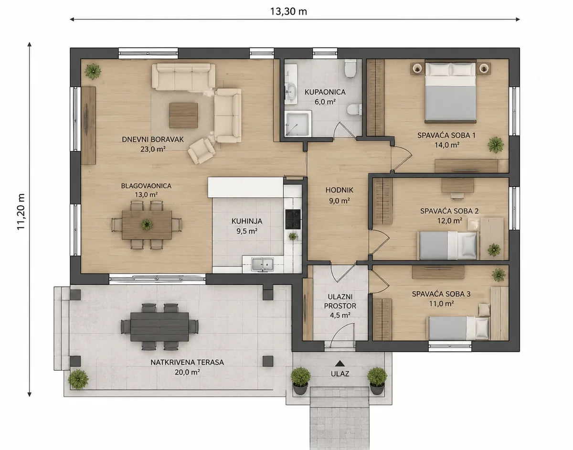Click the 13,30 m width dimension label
(288, 11)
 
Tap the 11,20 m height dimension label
(21, 212)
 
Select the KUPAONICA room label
(325, 92)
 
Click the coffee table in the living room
(183, 115)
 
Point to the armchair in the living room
(201, 151)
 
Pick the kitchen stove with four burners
(293, 219)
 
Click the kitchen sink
(262, 264)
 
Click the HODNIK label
(339, 190)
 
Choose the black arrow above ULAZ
(340, 364)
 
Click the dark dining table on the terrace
(159, 327)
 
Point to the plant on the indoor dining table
(147, 225)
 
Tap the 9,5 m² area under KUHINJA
(247, 231)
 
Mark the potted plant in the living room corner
(93, 71)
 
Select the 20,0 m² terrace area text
(187, 372)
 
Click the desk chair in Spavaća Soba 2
(457, 195)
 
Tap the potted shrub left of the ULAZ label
(301, 381)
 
